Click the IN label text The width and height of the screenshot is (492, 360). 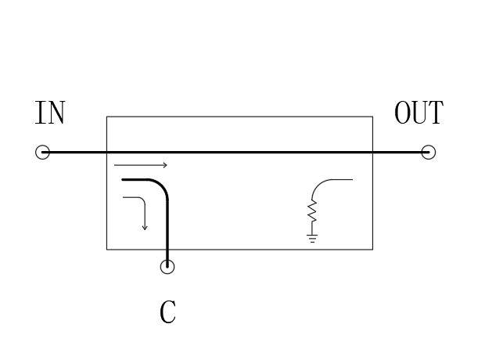click(x=50, y=113)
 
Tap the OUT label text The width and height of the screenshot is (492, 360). click(x=418, y=113)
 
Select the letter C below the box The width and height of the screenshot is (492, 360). click(x=167, y=311)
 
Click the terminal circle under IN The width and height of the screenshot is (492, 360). click(x=42, y=153)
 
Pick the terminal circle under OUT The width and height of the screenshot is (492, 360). click(x=429, y=153)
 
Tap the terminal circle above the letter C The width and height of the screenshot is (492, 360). click(x=167, y=267)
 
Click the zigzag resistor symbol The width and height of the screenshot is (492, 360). click(x=312, y=211)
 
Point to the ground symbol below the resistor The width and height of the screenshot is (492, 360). click(x=312, y=238)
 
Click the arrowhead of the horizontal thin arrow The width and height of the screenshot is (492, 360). click(x=165, y=165)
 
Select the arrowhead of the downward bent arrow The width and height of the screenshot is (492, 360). click(x=145, y=228)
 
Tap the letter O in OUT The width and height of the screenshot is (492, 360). click(x=402, y=113)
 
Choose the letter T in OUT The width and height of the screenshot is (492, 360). click(x=436, y=113)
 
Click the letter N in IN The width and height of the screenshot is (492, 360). click(x=56, y=113)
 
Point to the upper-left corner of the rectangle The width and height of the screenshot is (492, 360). click(x=106, y=117)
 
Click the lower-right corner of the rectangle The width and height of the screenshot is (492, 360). click(x=373, y=250)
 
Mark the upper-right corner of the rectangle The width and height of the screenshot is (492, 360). click(x=373, y=117)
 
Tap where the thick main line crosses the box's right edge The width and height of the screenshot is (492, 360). click(x=373, y=153)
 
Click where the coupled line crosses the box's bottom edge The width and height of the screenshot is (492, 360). click(x=167, y=250)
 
